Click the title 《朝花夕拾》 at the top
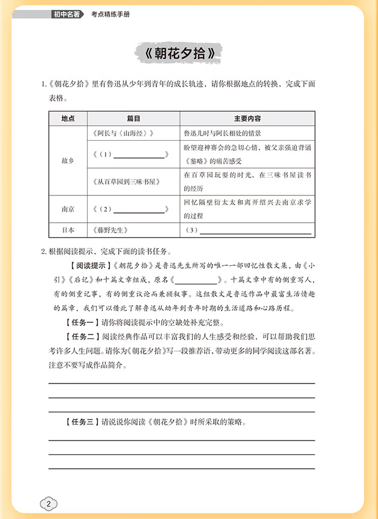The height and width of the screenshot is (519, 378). [179, 53]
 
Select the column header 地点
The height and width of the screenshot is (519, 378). [68, 119]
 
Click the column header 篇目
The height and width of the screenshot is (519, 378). [133, 119]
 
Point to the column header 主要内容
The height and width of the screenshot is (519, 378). [247, 119]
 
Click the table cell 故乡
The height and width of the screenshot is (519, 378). [68, 160]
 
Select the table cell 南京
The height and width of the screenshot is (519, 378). [68, 209]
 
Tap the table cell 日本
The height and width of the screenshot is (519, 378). [68, 230]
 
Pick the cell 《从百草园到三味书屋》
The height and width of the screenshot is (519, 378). [127, 182]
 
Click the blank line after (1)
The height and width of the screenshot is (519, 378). [140, 156]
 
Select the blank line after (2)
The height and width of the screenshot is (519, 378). [140, 210]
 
